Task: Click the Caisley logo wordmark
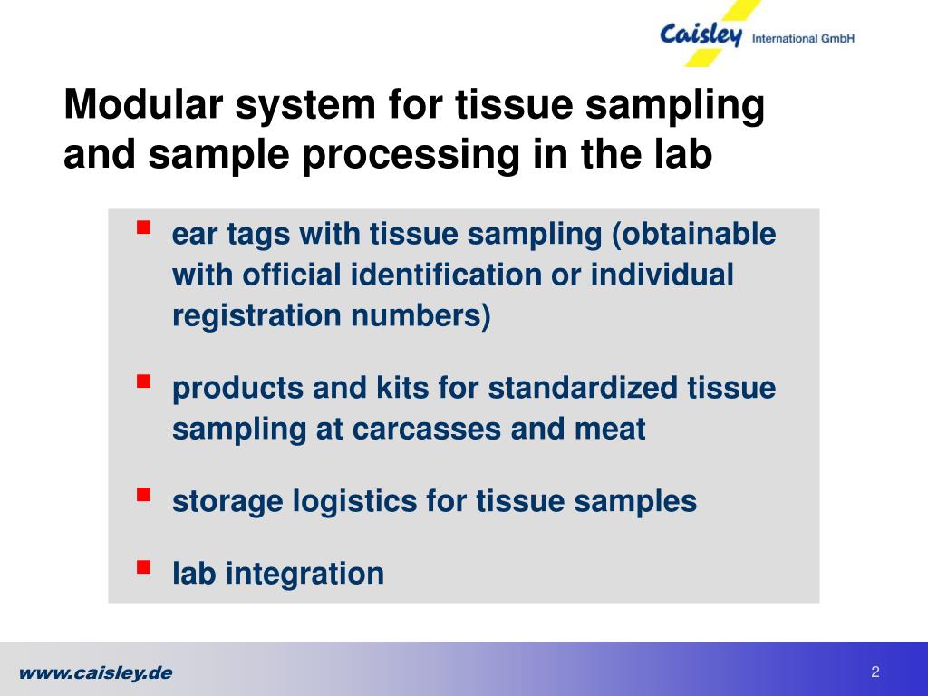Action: [701, 34]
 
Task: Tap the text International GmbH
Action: [803, 38]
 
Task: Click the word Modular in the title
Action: [143, 104]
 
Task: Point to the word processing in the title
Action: [411, 156]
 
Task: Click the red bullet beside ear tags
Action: [143, 227]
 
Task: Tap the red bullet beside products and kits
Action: [143, 381]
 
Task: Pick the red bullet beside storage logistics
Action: [143, 494]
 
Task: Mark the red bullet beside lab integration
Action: [143, 567]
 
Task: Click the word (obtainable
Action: [693, 234]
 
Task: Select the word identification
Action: [446, 275]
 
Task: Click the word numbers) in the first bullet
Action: [420, 316]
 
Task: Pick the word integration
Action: [304, 574]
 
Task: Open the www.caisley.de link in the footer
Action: [96, 673]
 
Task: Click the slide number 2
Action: [875, 672]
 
